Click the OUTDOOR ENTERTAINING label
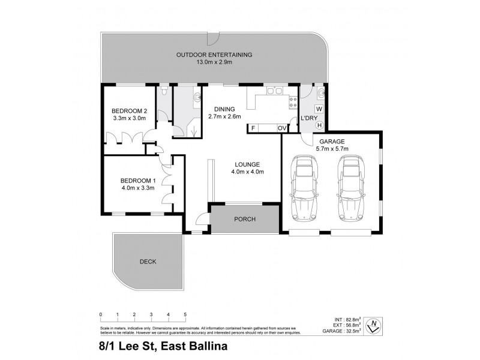click(x=214, y=55)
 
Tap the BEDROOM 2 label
click(x=130, y=111)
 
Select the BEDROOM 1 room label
click(x=138, y=181)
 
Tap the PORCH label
click(x=245, y=219)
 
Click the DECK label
click(x=148, y=262)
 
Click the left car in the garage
click(x=305, y=188)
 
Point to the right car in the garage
click(x=353, y=188)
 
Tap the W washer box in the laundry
click(x=319, y=109)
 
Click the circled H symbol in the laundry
click(x=319, y=125)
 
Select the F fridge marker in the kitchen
click(x=254, y=128)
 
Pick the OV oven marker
click(x=281, y=128)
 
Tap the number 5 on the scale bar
click(x=185, y=314)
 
